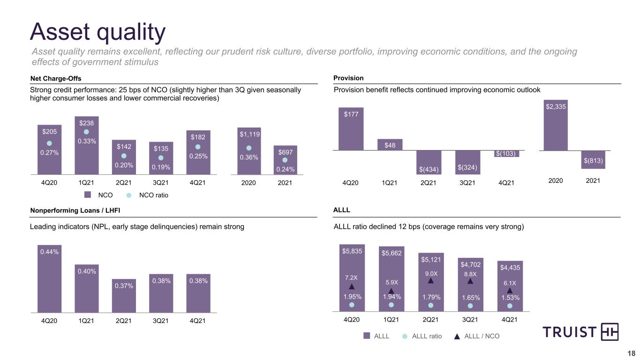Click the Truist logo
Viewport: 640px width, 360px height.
point(580,332)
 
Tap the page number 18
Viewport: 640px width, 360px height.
point(631,353)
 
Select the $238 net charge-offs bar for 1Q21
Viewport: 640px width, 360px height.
point(87,145)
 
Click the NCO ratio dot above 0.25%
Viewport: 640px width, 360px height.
point(198,147)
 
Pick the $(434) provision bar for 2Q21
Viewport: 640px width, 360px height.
point(429,162)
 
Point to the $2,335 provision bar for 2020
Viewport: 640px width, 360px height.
point(556,125)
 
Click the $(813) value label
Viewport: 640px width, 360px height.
point(593,161)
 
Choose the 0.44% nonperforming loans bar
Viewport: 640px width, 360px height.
point(49,278)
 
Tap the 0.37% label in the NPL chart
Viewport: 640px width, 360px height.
point(124,286)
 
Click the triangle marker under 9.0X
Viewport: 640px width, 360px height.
point(431,281)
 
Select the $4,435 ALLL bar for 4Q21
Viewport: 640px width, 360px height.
point(510,286)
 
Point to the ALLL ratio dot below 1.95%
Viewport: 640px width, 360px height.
point(352,305)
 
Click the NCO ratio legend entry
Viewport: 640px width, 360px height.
point(147,195)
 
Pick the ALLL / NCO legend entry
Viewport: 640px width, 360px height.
point(476,336)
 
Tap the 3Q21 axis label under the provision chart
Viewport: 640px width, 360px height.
point(467,183)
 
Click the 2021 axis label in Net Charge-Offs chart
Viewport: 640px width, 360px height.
point(285,183)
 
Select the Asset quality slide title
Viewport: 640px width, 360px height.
point(98,32)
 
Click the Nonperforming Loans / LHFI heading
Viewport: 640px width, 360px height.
point(75,210)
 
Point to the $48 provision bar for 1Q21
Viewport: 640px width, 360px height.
point(390,144)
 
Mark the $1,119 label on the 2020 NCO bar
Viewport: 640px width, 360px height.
point(249,134)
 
